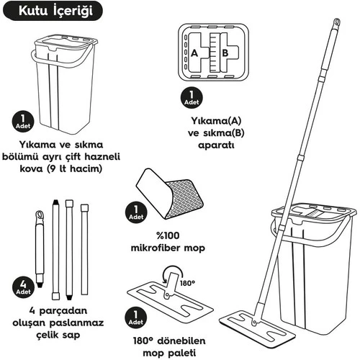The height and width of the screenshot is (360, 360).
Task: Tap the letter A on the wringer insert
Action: pyautogui.click(x=194, y=53)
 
